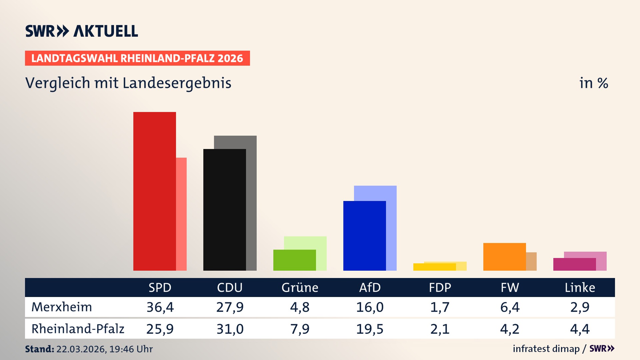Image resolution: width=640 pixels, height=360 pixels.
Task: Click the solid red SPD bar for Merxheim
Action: pyautogui.click(x=154, y=191)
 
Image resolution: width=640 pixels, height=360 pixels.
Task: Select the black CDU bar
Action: pyautogui.click(x=224, y=210)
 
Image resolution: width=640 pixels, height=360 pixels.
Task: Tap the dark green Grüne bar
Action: pyautogui.click(x=294, y=260)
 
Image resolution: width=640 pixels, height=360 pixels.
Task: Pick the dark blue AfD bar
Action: pyautogui.click(x=364, y=236)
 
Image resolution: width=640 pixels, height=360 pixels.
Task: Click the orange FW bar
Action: pyautogui.click(x=504, y=257)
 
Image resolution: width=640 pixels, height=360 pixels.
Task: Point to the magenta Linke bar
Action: pyautogui.click(x=574, y=264)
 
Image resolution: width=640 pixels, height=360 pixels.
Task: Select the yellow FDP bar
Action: pyautogui.click(x=434, y=267)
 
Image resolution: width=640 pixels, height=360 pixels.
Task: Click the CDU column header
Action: pyautogui.click(x=230, y=287)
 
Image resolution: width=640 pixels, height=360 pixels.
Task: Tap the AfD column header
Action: pyautogui.click(x=370, y=287)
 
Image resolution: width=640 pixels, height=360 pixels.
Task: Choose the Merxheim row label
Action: pyautogui.click(x=62, y=307)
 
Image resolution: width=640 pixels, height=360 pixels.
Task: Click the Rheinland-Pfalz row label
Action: pyautogui.click(x=78, y=329)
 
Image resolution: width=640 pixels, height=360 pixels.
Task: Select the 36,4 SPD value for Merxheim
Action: pyautogui.click(x=160, y=307)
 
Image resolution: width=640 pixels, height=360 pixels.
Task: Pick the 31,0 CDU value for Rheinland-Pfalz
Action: pyautogui.click(x=230, y=329)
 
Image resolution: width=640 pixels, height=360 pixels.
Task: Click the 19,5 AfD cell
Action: pyautogui.click(x=370, y=329)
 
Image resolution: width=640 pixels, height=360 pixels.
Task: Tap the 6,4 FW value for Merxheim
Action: pyautogui.click(x=510, y=307)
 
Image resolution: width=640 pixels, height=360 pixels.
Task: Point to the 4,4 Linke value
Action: pyautogui.click(x=580, y=329)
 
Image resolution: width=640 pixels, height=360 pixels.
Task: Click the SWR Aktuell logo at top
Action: pyautogui.click(x=82, y=31)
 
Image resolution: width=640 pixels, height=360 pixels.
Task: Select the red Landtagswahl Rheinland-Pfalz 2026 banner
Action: pyautogui.click(x=137, y=58)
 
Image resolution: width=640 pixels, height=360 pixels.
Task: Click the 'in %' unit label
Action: pyautogui.click(x=593, y=83)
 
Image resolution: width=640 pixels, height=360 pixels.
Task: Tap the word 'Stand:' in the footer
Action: pyautogui.click(x=39, y=349)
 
